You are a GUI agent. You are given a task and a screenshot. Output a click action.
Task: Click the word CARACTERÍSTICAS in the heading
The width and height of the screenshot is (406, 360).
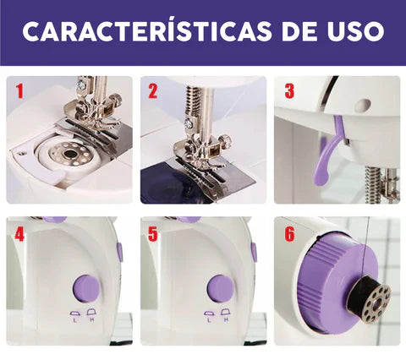pos(146,30)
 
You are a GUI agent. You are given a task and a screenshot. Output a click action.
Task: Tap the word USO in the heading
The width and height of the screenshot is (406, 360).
pos(355,30)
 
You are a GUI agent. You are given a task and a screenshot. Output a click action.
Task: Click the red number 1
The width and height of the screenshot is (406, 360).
pos(19,91)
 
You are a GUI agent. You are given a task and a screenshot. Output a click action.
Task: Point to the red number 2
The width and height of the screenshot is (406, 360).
pos(153,91)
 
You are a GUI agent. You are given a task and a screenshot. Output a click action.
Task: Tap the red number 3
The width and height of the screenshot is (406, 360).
pos(289,91)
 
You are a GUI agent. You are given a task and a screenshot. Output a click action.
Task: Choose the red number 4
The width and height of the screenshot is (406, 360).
pos(19,234)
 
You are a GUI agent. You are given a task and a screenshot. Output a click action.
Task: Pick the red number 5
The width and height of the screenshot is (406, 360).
pos(153,234)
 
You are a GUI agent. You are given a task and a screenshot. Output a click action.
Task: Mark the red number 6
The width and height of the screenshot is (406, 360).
pos(289,234)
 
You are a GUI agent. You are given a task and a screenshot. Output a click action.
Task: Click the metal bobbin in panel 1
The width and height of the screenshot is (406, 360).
pos(69,154)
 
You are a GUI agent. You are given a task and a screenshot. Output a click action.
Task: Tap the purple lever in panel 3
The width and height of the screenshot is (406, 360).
pos(328,152)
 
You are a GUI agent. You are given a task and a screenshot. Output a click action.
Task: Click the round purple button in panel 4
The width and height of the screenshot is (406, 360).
pos(86,288)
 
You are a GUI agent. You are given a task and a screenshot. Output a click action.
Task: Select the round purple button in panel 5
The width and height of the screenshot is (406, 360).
pos(221,288)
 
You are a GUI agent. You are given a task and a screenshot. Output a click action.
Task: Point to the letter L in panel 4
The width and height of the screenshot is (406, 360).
pos(74,320)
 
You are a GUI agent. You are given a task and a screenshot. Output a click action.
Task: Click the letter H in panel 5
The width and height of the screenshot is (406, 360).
pos(226,319)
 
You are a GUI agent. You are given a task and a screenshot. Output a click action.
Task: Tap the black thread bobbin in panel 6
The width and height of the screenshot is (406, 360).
pos(369,299)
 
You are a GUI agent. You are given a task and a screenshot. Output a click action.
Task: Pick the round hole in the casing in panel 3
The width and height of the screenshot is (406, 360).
pos(362,105)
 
